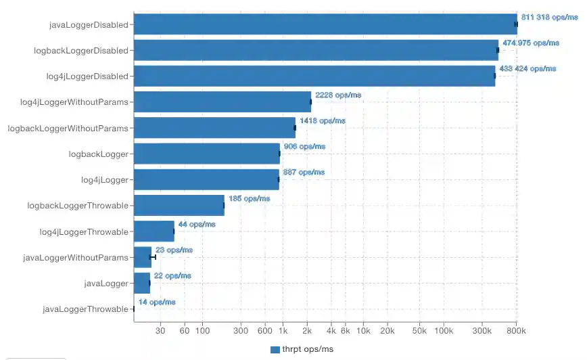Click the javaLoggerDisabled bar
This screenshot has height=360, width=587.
[325, 24]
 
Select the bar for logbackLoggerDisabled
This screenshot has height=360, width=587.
[316, 50]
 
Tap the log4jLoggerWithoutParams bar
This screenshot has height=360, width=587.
[222, 102]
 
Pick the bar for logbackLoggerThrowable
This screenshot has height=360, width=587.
[179, 205]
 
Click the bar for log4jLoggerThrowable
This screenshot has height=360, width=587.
[154, 231]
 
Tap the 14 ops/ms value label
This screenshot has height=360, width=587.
[157, 302]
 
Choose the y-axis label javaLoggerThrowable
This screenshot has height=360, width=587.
[85, 309]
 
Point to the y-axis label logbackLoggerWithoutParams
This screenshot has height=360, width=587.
[68, 128]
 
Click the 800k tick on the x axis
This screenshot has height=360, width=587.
[517, 331]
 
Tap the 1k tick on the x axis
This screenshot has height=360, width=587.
[283, 331]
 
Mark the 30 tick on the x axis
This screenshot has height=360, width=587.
[160, 331]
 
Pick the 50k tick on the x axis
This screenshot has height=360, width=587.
[419, 331]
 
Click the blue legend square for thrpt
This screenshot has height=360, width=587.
[275, 349]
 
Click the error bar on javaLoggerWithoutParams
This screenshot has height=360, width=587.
[153, 257]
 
